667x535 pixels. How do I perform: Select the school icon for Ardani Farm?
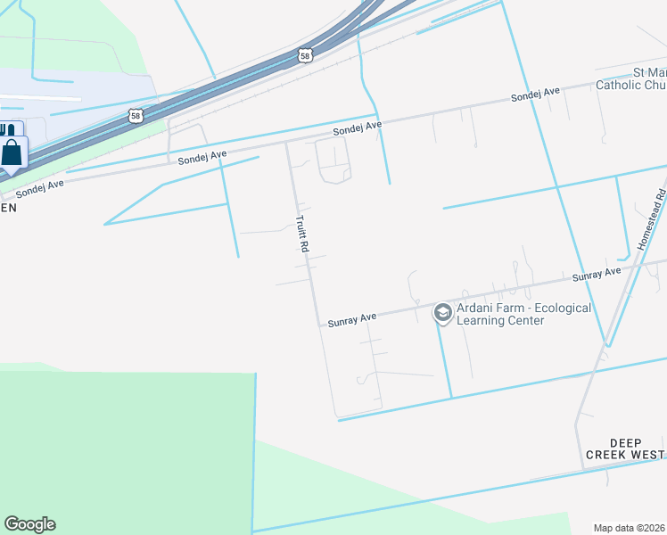[442, 313]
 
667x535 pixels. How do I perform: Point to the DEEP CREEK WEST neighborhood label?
[624, 449]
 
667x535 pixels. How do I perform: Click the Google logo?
[29, 524]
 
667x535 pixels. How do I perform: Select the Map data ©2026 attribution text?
[630, 527]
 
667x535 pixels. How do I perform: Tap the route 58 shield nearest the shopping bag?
[135, 115]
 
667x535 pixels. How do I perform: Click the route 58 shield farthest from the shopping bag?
[306, 55]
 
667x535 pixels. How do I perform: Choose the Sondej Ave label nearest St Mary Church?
[534, 95]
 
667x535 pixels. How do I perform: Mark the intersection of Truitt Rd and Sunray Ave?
[319, 325]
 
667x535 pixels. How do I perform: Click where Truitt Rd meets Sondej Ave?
[286, 142]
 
